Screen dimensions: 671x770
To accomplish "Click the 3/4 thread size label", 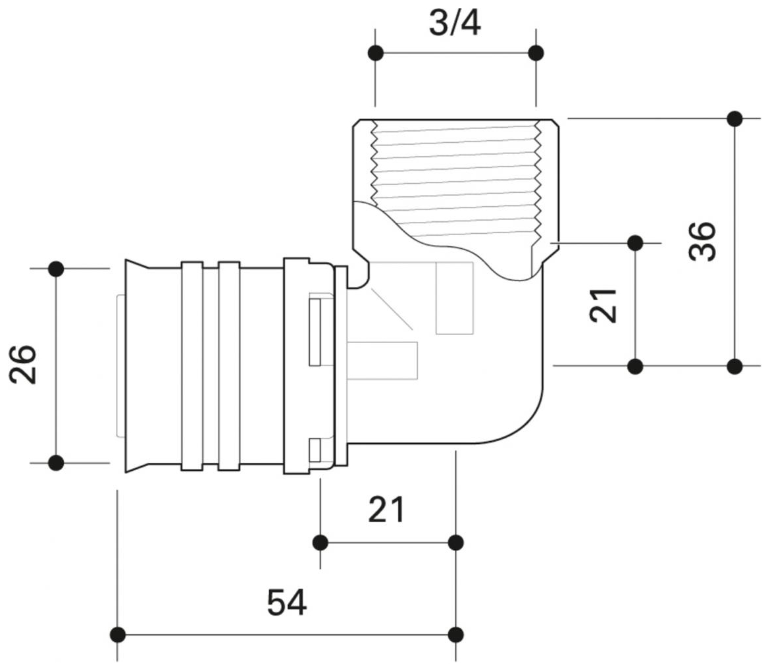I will pyautogui.click(x=455, y=24).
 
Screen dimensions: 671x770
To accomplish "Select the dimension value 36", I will pyautogui.click(x=703, y=242).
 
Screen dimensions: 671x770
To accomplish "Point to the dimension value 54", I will pyautogui.click(x=287, y=603).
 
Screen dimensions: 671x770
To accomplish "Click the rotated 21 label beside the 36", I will pyautogui.click(x=603, y=304).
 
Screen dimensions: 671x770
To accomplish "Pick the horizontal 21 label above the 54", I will pyautogui.click(x=386, y=510).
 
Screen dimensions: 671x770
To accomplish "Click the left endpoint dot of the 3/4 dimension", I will pyautogui.click(x=376, y=53).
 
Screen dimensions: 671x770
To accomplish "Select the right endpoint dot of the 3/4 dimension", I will pyautogui.click(x=536, y=53).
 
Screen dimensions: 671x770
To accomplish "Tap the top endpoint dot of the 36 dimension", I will pyautogui.click(x=735, y=119).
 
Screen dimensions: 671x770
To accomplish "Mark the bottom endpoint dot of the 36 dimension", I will pyautogui.click(x=735, y=366).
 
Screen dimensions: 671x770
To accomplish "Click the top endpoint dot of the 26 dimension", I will pyautogui.click(x=56, y=269).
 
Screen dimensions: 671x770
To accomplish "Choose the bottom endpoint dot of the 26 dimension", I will pyautogui.click(x=56, y=463).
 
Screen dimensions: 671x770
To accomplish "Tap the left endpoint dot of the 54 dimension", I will pyautogui.click(x=118, y=635).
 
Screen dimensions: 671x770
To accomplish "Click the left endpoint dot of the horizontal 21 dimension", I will pyautogui.click(x=321, y=543).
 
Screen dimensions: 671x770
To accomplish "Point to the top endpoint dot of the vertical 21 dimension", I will pyautogui.click(x=635, y=243).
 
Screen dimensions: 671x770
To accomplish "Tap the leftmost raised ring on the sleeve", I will pyautogui.click(x=192, y=365).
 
